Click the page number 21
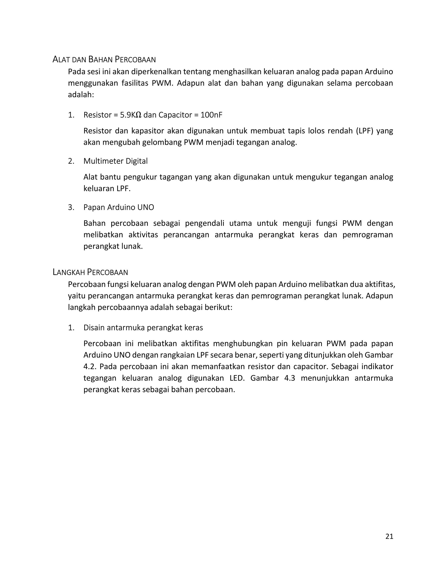[389, 536]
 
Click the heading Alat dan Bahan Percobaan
[104, 59]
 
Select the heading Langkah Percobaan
[90, 272]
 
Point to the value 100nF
[211, 115]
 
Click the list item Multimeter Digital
[115, 161]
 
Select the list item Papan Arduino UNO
[119, 207]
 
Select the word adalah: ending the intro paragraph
[81, 94]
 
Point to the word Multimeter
[103, 161]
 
